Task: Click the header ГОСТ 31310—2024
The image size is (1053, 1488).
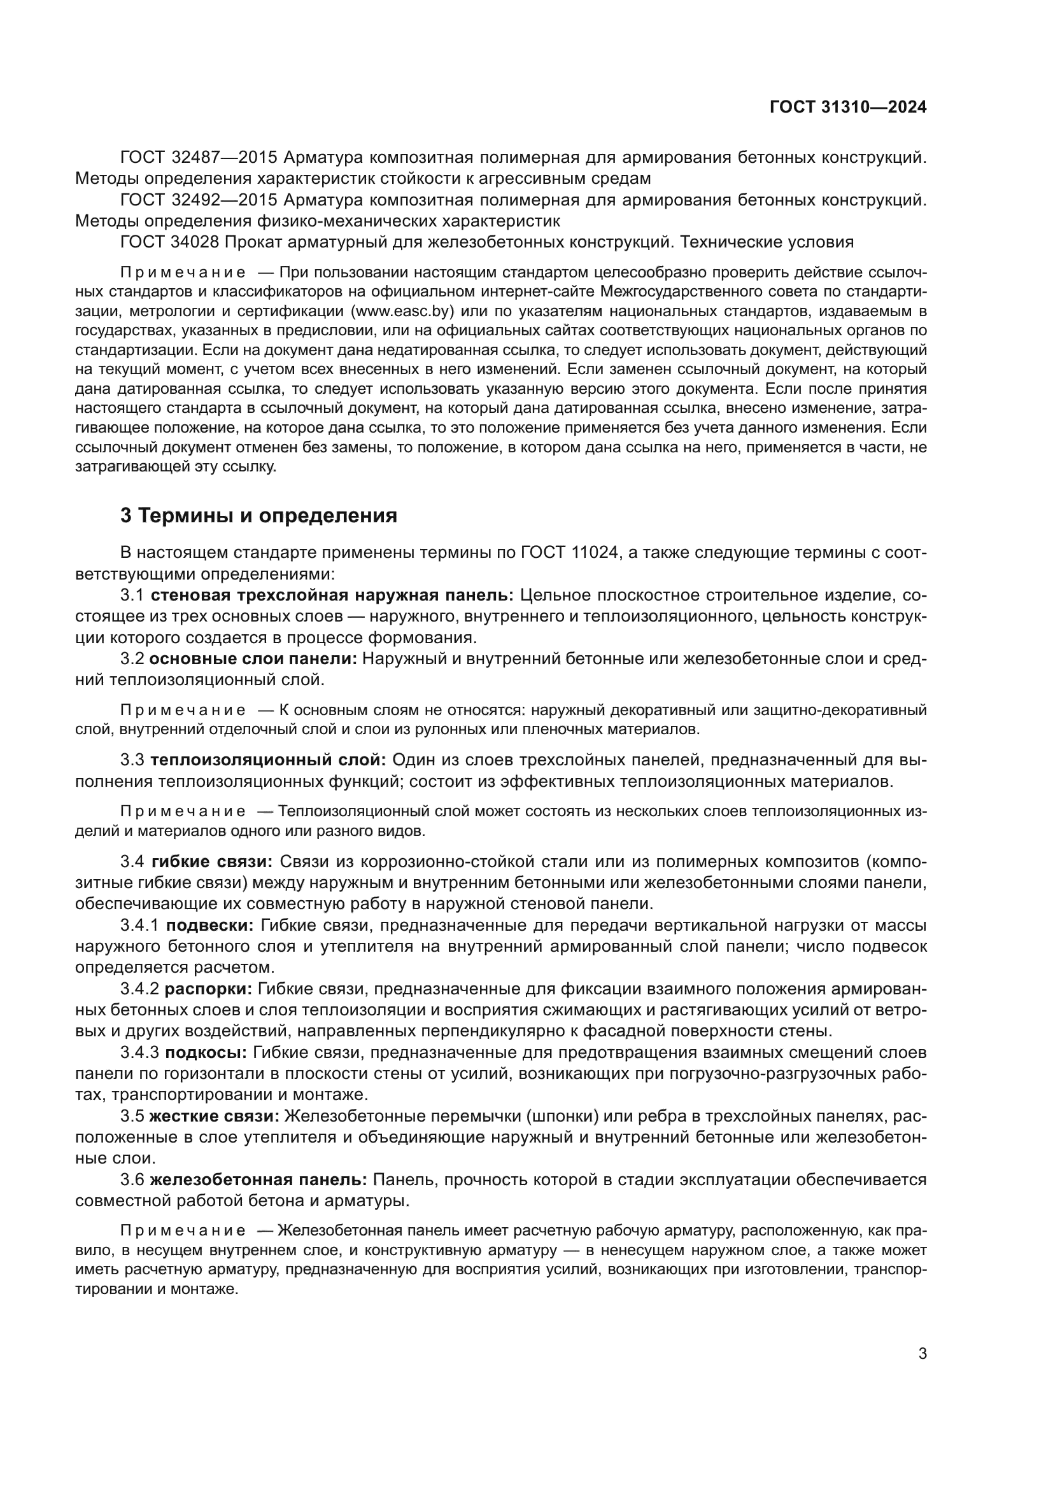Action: pos(847,108)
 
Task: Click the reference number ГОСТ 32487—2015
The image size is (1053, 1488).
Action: pos(199,158)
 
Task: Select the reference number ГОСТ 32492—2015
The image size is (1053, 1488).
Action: pos(199,200)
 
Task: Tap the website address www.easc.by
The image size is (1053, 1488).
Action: pos(401,311)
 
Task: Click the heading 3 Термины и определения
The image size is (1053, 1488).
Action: pos(258,516)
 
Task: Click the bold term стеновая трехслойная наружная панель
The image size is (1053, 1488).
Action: pos(332,595)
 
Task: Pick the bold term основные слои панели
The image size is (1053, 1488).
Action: pos(253,659)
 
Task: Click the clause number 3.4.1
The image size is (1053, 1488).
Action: pos(139,926)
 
